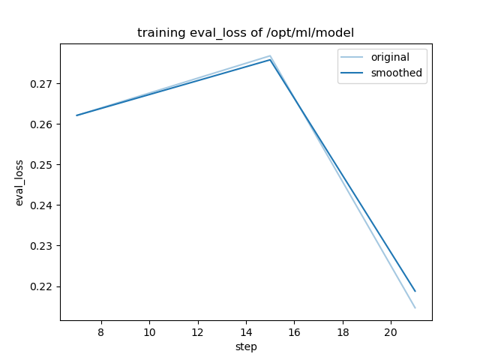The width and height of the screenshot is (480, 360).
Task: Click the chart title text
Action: (245, 33)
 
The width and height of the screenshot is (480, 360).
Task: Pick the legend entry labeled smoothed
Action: (396, 73)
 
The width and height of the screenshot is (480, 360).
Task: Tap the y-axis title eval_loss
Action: (20, 182)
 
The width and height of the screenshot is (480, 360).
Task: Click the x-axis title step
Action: (246, 346)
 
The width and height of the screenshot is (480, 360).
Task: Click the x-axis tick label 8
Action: (101, 331)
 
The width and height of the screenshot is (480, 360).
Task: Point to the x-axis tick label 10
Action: (149, 331)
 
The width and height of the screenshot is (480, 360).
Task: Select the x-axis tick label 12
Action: (197, 331)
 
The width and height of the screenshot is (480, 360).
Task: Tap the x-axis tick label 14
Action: (246, 331)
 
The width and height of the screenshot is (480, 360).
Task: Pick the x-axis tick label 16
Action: (294, 331)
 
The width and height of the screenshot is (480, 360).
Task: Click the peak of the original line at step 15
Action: (270, 55)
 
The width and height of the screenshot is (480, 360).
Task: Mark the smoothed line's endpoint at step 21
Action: (415, 291)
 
